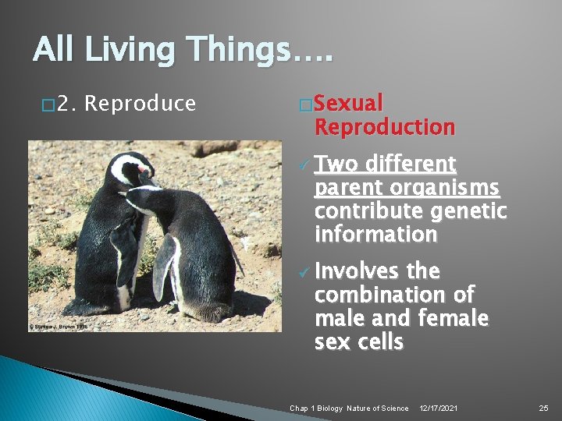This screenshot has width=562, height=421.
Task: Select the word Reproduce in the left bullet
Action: (x=140, y=104)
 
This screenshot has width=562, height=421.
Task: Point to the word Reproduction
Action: (x=384, y=126)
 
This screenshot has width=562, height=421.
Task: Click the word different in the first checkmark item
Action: (x=411, y=165)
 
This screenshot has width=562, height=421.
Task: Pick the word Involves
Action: (x=355, y=271)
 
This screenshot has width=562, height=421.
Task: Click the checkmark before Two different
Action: (x=303, y=165)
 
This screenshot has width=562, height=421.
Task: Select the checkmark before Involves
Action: (x=303, y=272)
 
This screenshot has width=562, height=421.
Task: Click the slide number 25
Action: (x=543, y=409)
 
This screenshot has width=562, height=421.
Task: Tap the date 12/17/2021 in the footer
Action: (x=438, y=409)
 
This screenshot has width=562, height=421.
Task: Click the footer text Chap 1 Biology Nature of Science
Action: (x=349, y=409)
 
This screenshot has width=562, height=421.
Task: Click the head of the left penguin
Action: (x=131, y=168)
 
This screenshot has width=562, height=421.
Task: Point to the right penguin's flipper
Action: (x=165, y=265)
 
